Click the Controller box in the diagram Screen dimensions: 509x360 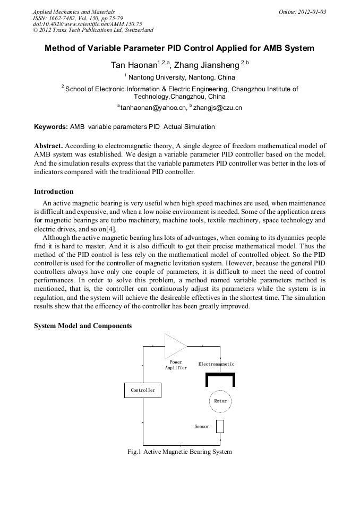point(143,390)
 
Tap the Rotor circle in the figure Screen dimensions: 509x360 point(220,401)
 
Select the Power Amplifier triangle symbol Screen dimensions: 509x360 point(174,346)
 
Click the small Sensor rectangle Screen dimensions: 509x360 point(220,426)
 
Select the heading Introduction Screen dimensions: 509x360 point(54,192)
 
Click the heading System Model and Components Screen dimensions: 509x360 point(83,326)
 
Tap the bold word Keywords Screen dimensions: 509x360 point(51,127)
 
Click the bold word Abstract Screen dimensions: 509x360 point(49,145)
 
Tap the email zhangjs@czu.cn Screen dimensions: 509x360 point(218,108)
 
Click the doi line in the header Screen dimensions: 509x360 point(87,24)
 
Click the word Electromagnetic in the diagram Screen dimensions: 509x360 point(216,364)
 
